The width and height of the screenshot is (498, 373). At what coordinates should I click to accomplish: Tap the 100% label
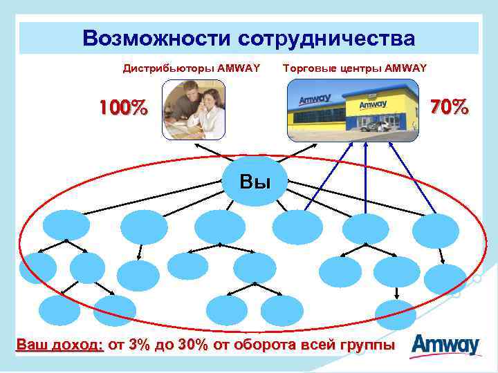tap(123, 108)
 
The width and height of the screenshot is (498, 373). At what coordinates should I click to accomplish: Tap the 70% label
tap(450, 107)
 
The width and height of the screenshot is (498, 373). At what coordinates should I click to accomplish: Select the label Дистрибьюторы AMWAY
tap(191, 68)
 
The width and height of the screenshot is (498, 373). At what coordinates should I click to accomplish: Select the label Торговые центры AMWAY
tap(355, 68)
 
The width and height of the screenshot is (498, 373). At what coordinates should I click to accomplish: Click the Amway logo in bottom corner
tap(446, 344)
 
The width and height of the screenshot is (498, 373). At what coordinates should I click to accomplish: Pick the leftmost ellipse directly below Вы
tap(66, 225)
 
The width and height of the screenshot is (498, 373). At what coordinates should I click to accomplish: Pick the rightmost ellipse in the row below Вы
tap(435, 231)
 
